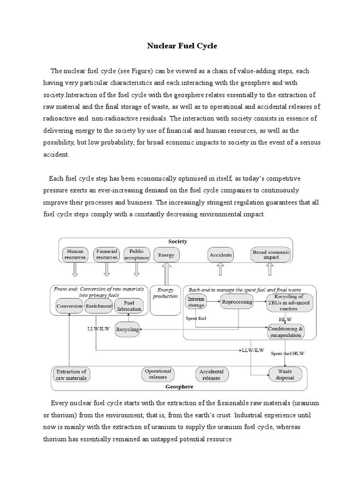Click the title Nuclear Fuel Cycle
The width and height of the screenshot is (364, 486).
click(182, 46)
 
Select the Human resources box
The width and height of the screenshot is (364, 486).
click(75, 254)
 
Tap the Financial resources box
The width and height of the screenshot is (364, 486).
click(107, 254)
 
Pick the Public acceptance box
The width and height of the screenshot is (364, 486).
click(136, 254)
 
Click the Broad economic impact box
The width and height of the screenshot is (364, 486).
click(271, 254)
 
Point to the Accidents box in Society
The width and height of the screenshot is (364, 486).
click(221, 255)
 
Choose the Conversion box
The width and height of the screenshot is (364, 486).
click(69, 306)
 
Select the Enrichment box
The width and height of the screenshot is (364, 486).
click(98, 306)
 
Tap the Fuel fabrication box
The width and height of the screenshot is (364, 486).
click(128, 306)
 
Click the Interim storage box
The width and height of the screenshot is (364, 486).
click(196, 302)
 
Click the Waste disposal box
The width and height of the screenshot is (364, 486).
click(285, 374)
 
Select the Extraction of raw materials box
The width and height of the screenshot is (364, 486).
click(71, 374)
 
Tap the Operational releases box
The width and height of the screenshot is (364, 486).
click(158, 374)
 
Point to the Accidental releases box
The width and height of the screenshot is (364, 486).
click(211, 374)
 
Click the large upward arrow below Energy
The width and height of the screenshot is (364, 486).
click(166, 274)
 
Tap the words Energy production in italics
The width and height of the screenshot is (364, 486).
click(166, 293)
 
